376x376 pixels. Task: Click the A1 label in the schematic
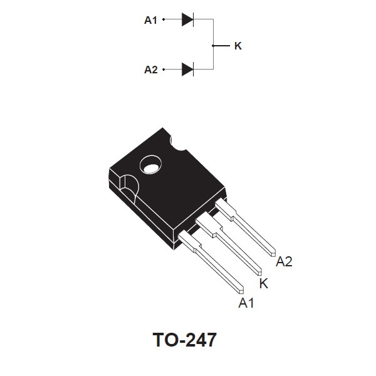coord(150,20)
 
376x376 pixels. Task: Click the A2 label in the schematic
coord(151,70)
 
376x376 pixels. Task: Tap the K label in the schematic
coord(238,46)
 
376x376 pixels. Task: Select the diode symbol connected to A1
coord(187,19)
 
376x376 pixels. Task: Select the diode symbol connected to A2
coord(187,70)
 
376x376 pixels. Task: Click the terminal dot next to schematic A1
coord(164,19)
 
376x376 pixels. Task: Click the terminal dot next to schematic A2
coord(164,70)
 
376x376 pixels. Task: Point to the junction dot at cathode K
coord(213,46)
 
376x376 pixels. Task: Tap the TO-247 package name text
coord(185,340)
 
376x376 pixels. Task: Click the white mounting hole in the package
coord(151,168)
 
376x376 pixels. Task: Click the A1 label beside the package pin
coord(246,303)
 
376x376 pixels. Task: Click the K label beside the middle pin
coord(264,283)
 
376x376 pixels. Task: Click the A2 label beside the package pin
coord(284,261)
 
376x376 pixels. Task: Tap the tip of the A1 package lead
coord(241,291)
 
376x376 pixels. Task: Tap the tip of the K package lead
coord(259,273)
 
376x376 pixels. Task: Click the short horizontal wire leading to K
coord(221,46)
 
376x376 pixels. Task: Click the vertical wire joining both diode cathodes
coord(213,44)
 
